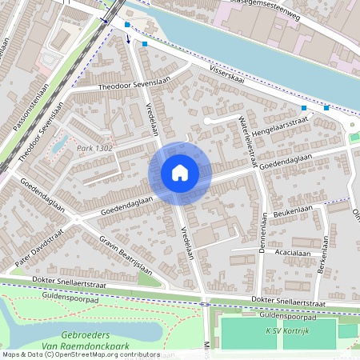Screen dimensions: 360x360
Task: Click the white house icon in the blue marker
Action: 180,173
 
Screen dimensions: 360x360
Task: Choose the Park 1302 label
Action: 94,149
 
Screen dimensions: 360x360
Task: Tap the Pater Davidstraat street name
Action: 38,247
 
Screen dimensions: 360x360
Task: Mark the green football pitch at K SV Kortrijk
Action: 256,334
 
